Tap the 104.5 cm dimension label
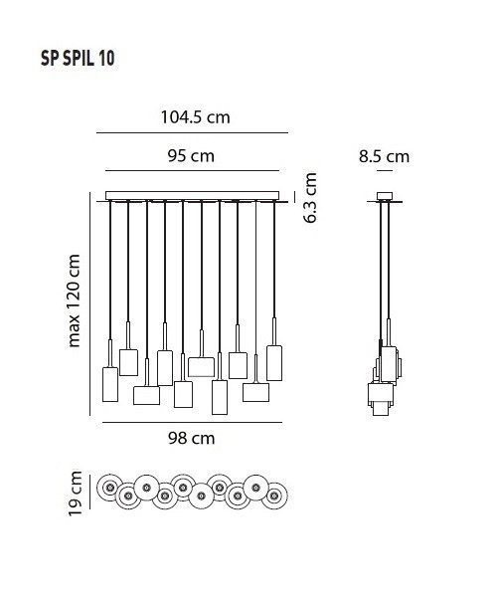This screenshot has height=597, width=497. tap(195, 116)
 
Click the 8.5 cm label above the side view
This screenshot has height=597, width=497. tap(383, 155)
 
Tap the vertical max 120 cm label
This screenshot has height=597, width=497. tap(75, 299)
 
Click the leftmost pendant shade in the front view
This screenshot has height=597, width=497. tap(110, 385)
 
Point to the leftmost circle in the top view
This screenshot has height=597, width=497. tap(109, 489)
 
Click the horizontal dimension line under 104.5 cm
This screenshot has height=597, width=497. tap(192, 132)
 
